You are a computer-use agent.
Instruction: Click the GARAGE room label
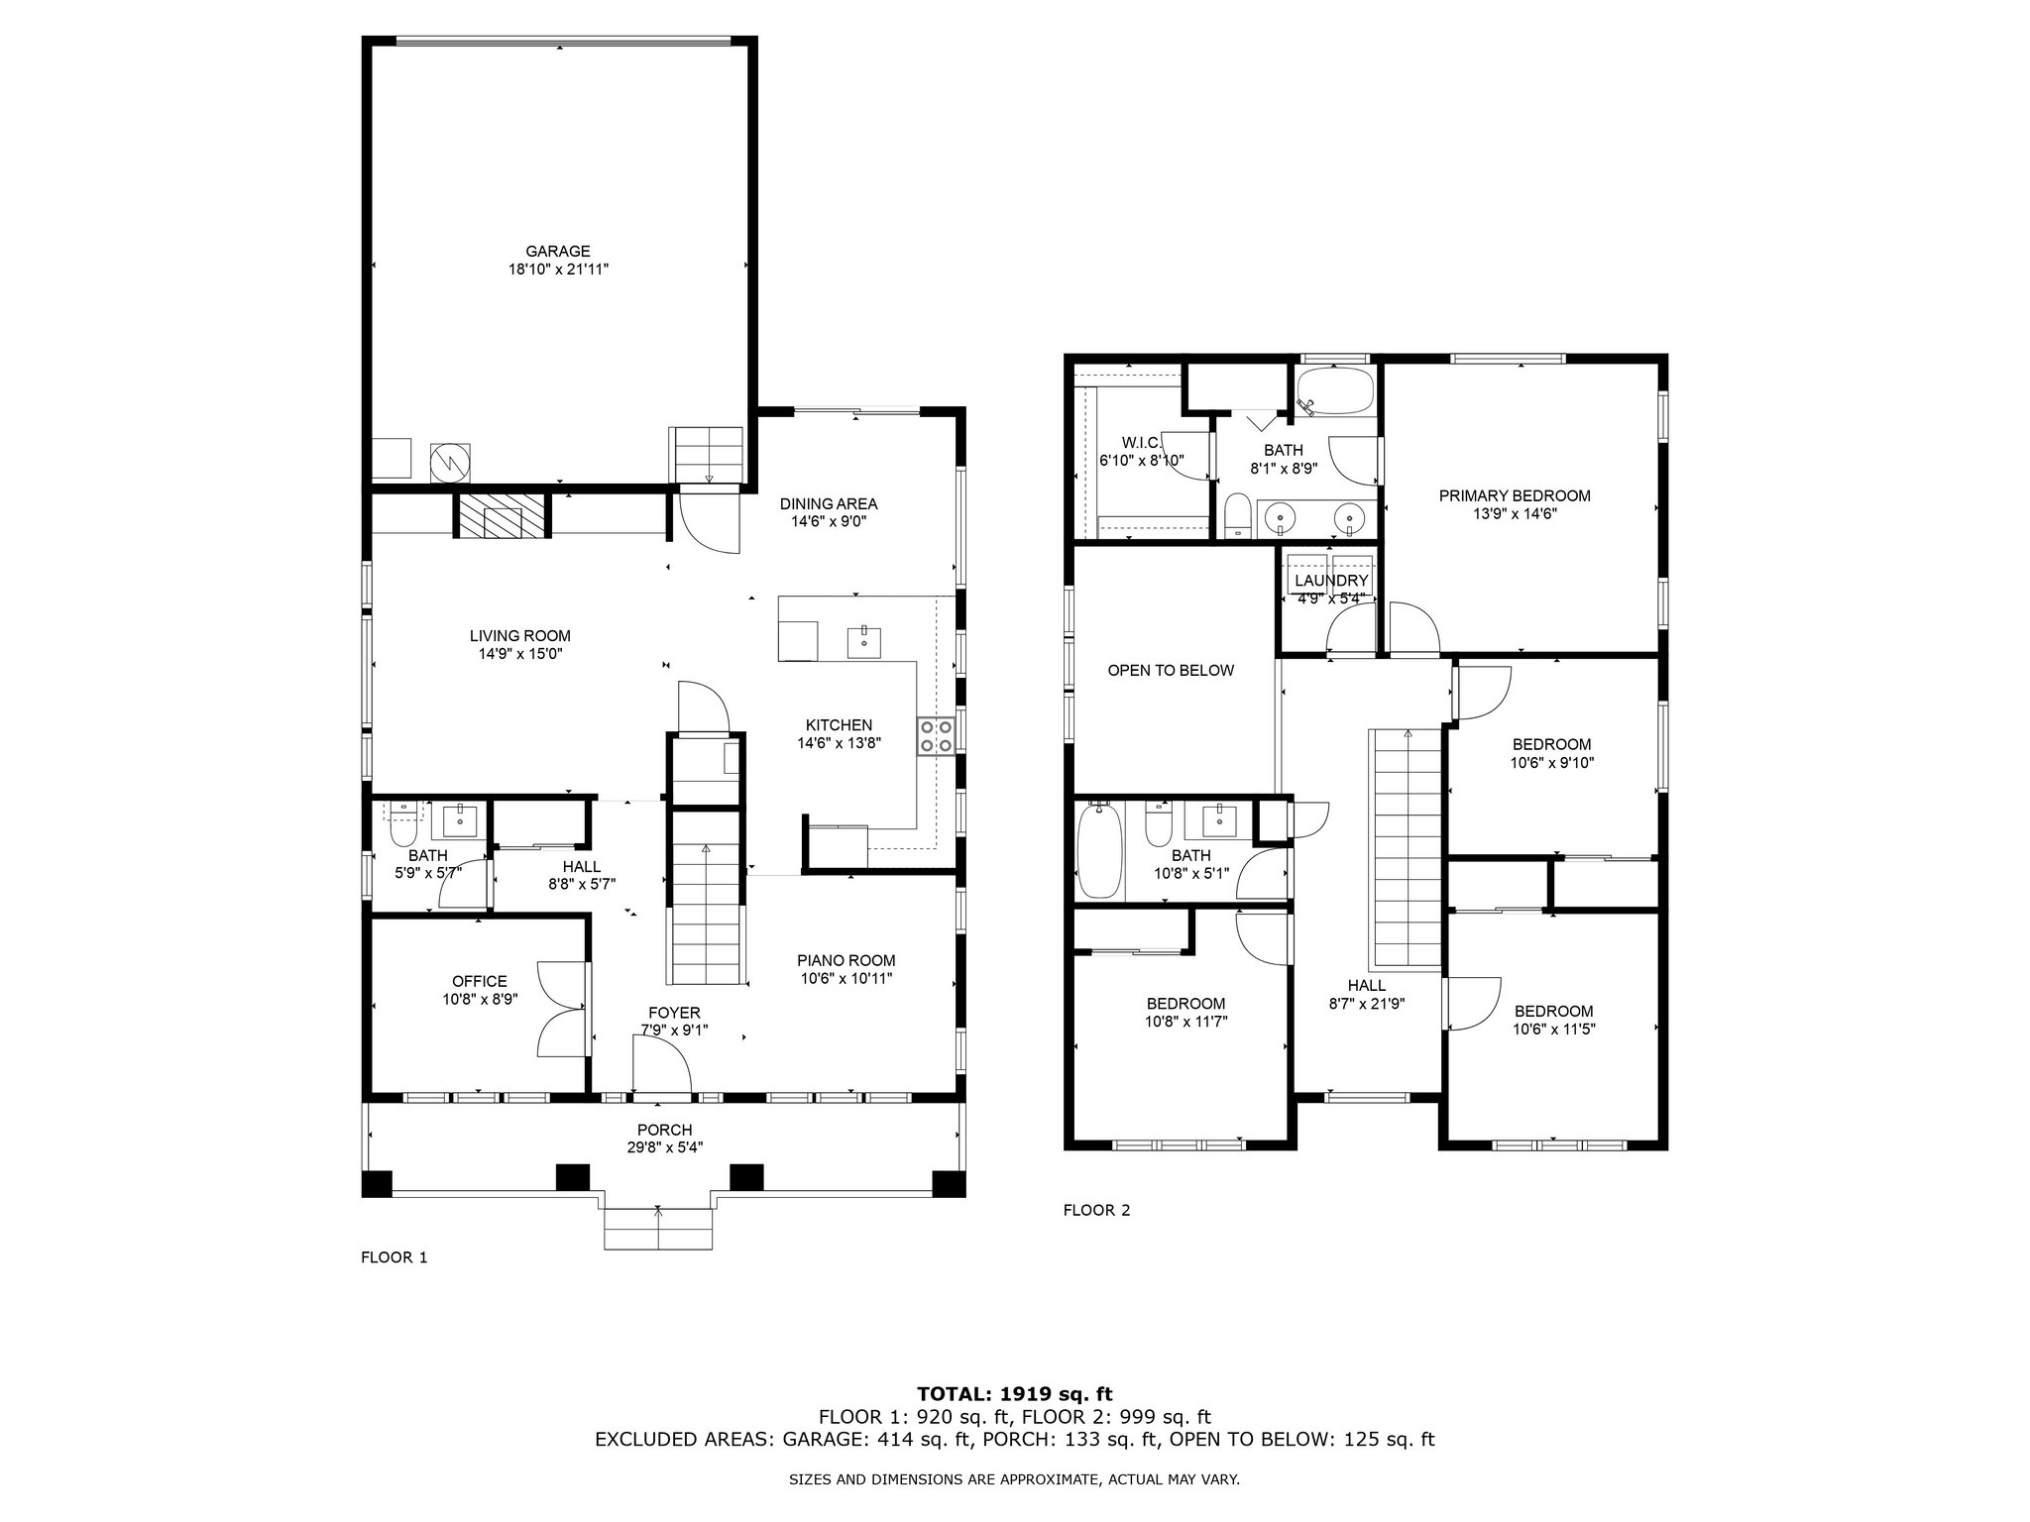[x=558, y=252]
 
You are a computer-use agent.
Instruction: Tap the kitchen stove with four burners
[x=937, y=735]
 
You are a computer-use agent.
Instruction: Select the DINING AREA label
[x=828, y=504]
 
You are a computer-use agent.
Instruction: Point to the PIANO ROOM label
[x=846, y=960]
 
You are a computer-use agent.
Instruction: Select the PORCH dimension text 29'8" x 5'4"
[x=664, y=1147]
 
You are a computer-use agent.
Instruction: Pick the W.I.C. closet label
[x=1141, y=442]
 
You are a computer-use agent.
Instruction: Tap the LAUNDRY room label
[x=1331, y=581]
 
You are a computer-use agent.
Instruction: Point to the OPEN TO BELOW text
[x=1171, y=671]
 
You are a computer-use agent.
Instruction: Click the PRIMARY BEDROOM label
[x=1515, y=495]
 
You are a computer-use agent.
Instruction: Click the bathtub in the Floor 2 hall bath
[x=1100, y=849]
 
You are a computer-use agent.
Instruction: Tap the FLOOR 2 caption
[x=1096, y=1210]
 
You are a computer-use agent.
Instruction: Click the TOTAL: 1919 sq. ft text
[x=1015, y=1394]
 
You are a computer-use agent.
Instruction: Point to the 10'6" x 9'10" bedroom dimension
[x=1552, y=763]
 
